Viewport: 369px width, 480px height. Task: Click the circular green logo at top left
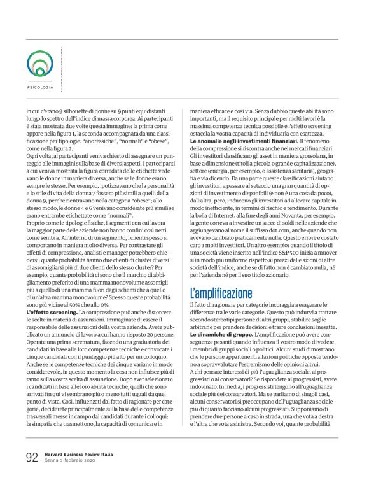[x=40, y=64]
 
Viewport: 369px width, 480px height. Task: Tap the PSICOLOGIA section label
[x=40, y=87]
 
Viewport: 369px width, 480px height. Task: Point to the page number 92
[x=32, y=458]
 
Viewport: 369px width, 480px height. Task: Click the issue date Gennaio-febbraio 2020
[x=69, y=462]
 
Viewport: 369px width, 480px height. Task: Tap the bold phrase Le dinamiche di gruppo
[x=216, y=334]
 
